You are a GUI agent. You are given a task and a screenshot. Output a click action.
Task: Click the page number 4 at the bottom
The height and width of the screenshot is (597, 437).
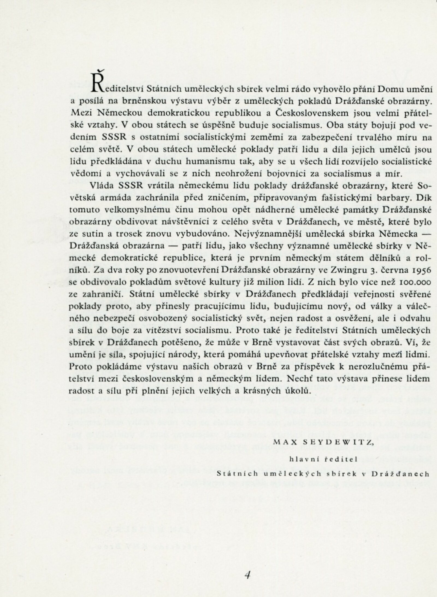[x=247, y=566]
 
